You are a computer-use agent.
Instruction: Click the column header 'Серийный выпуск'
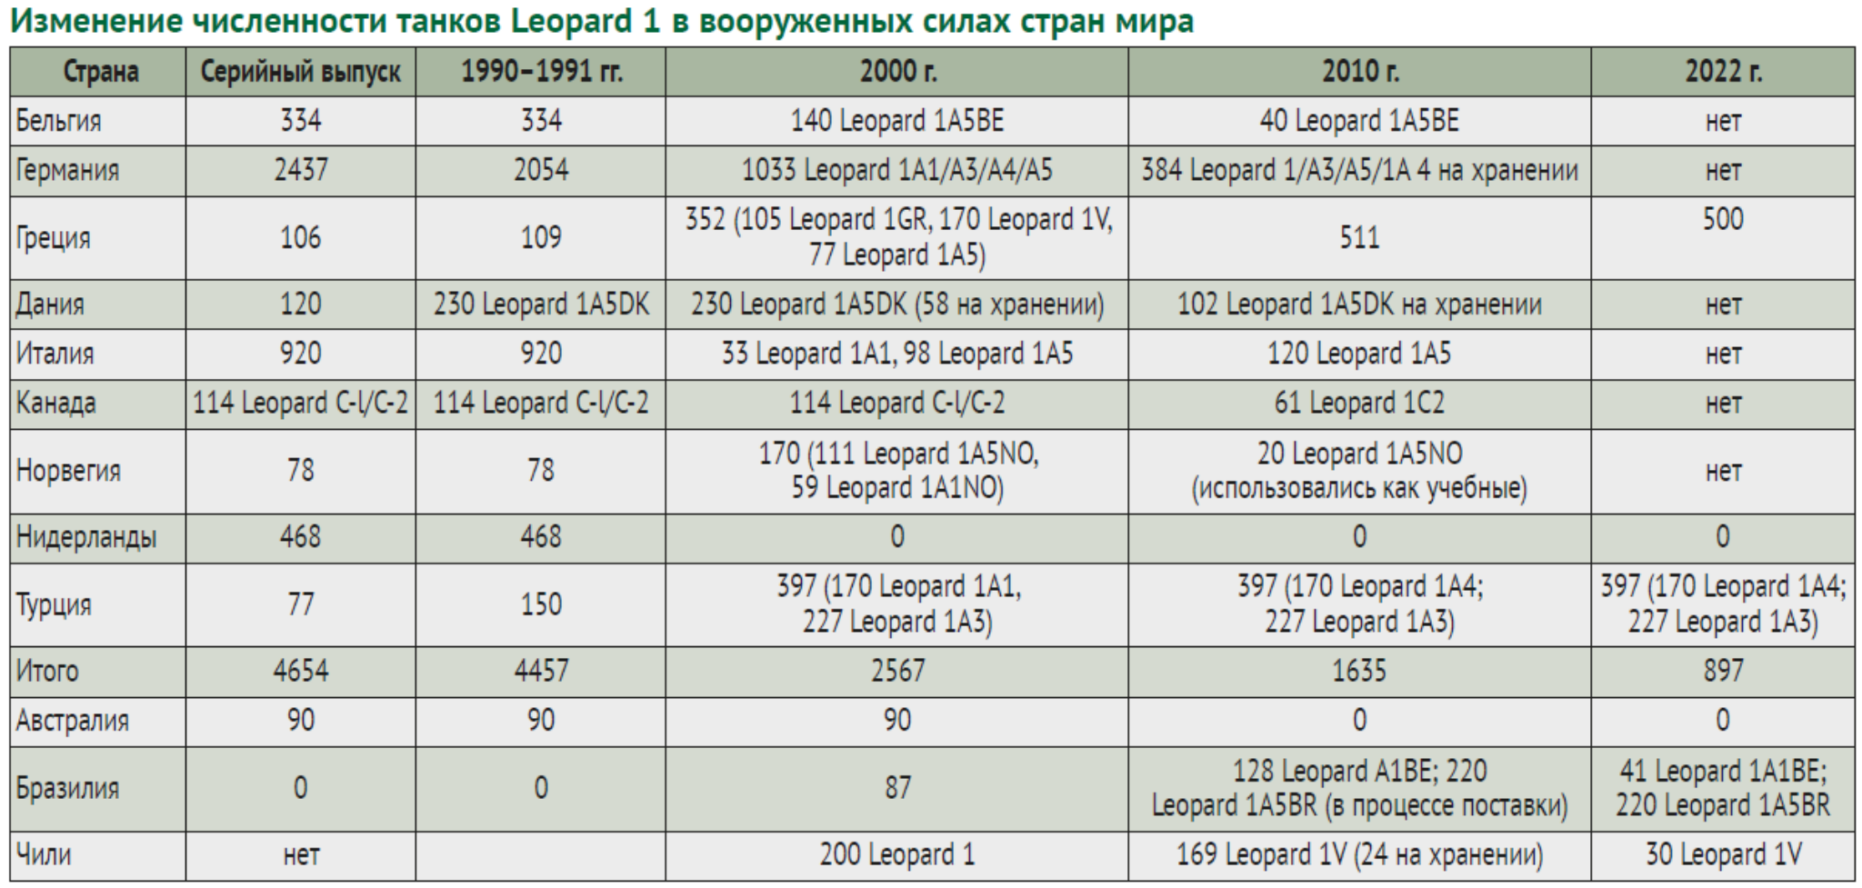tap(300, 72)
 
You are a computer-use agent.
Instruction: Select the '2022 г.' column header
tap(1722, 72)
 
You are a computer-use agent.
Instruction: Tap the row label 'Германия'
tap(67, 171)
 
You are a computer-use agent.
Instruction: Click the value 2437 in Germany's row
tap(300, 171)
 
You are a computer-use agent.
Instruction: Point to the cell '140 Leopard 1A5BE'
tap(896, 121)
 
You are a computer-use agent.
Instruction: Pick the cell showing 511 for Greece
tap(1358, 238)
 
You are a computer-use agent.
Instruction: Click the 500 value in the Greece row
tap(1722, 220)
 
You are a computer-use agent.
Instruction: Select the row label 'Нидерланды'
tap(86, 538)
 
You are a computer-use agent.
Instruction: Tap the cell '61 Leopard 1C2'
tap(1358, 404)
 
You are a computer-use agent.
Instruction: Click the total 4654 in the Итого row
tap(300, 672)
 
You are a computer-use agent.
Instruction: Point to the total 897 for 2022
tap(1722, 672)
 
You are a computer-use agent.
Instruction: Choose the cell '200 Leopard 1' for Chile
tap(896, 855)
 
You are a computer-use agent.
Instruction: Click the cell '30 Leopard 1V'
tap(1722, 855)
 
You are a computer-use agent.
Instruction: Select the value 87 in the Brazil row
tap(896, 788)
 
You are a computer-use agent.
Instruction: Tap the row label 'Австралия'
tap(73, 722)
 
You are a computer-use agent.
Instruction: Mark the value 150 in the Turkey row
tap(540, 605)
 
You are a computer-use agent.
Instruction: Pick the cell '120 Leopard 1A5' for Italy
tap(1358, 354)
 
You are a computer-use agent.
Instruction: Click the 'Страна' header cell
tap(100, 72)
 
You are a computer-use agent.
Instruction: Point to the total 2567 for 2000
tap(896, 672)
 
